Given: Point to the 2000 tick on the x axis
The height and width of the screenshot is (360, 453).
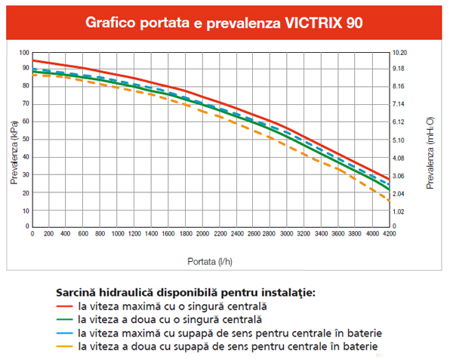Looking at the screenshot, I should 202,234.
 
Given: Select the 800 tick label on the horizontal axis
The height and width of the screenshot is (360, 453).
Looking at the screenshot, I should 100,234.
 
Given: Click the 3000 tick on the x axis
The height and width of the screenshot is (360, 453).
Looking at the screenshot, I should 288,234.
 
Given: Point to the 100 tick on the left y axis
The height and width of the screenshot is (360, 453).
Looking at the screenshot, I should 23,53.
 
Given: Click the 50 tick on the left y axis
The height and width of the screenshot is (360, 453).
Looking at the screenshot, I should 25,139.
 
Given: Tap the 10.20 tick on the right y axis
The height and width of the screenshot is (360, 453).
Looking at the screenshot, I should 401,53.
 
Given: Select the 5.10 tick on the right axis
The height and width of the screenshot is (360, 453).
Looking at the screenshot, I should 399,140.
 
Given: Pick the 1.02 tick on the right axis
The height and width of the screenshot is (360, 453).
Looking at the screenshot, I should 399,211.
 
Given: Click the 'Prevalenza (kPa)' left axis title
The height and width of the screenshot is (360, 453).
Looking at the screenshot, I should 14,140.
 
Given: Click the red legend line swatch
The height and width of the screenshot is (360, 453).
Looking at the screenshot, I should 65,307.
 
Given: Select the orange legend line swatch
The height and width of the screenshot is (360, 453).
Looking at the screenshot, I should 65,346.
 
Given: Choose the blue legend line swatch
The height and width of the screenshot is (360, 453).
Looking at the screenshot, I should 65,333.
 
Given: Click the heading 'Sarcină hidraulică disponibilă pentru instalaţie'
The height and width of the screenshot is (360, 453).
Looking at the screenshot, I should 185,292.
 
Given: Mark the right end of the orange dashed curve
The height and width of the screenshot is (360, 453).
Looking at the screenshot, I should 390,201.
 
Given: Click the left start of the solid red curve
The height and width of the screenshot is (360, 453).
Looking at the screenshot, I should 32,60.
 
